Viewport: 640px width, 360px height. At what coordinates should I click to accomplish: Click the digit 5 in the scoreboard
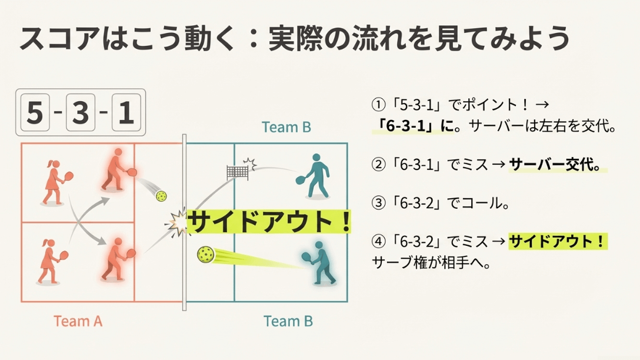[x=35, y=113]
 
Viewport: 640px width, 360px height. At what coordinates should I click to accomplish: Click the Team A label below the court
[x=78, y=321]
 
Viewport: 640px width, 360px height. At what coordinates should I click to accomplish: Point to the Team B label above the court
[x=286, y=127]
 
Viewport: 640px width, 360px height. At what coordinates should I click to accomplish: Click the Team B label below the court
[x=288, y=321]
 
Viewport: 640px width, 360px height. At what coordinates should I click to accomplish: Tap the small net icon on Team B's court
[x=238, y=172]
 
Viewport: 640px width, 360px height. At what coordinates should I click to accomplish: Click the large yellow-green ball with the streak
[x=206, y=255]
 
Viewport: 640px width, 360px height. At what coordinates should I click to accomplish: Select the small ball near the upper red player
[x=161, y=195]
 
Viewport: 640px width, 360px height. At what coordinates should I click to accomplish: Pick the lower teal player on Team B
[x=318, y=263]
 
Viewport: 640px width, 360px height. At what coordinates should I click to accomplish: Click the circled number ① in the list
[x=377, y=105]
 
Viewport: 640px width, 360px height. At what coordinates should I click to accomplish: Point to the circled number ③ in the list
[x=377, y=204]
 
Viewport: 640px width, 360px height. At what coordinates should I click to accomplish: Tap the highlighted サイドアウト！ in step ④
[x=556, y=242]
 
